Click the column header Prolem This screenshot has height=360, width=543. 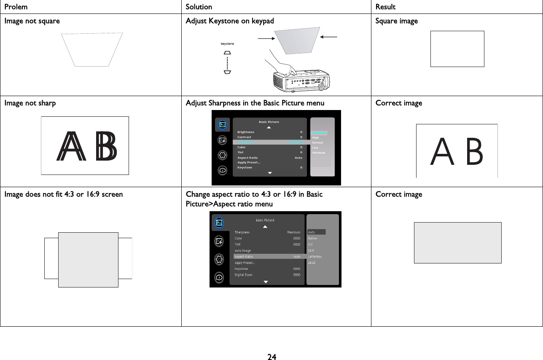16,7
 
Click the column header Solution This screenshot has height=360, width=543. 199,7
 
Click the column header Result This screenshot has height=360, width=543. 385,7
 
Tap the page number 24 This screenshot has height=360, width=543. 271,357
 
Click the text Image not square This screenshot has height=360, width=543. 32,21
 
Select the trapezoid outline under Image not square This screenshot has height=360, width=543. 92,49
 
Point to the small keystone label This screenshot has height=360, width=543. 227,43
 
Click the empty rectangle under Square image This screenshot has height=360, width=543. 457,49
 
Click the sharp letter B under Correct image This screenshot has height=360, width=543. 474,153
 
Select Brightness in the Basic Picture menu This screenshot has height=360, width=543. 246,132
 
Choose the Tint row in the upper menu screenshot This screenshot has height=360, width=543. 241,152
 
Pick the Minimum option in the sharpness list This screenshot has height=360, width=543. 318,153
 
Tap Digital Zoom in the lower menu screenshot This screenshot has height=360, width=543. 244,274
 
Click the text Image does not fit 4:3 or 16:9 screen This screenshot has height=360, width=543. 64,194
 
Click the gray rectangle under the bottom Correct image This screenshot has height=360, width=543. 457,243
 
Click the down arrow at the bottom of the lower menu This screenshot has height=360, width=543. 266,282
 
